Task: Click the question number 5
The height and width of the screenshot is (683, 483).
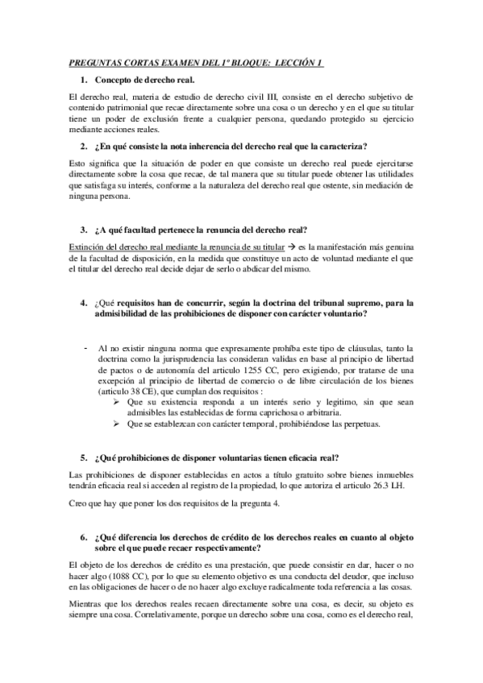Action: [84, 457]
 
